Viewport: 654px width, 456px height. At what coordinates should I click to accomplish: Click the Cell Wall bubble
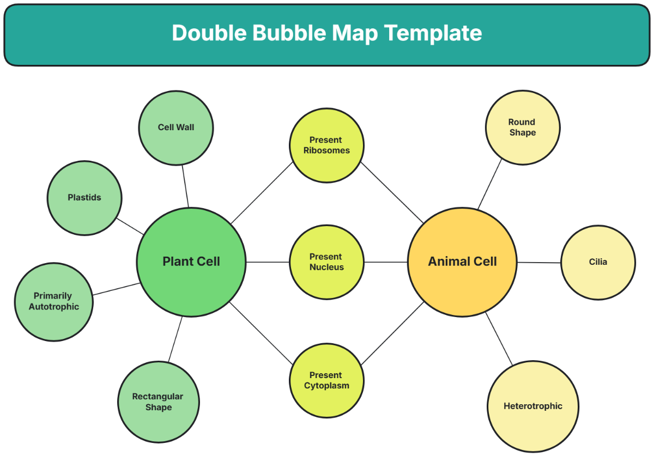point(176,128)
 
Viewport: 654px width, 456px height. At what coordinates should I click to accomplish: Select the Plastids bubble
point(84,198)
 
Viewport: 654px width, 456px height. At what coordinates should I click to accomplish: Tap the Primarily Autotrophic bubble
point(54,302)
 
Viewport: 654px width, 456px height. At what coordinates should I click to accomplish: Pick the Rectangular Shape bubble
point(158,402)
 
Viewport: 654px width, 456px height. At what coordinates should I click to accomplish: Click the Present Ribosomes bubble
point(326,145)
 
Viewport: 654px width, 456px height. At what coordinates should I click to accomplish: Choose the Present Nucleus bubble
point(326,262)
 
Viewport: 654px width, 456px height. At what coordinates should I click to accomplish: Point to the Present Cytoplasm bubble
point(326,380)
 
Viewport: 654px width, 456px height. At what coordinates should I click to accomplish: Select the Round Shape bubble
point(522,127)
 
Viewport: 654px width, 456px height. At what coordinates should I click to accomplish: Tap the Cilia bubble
point(598,262)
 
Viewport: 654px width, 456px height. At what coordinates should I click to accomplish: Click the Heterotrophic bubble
point(532,406)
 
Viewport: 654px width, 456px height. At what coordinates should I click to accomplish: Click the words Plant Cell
point(191,262)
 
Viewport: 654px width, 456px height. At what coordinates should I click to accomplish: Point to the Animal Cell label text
point(462,262)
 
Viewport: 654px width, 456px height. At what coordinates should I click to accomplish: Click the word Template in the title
point(433,33)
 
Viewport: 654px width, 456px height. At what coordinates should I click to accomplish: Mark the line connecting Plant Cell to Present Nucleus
point(267,262)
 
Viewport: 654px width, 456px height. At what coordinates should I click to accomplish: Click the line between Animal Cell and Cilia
point(538,263)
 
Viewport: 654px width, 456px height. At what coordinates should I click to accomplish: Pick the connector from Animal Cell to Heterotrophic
point(499,339)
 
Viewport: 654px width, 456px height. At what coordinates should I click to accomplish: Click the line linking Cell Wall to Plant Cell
point(185,186)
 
